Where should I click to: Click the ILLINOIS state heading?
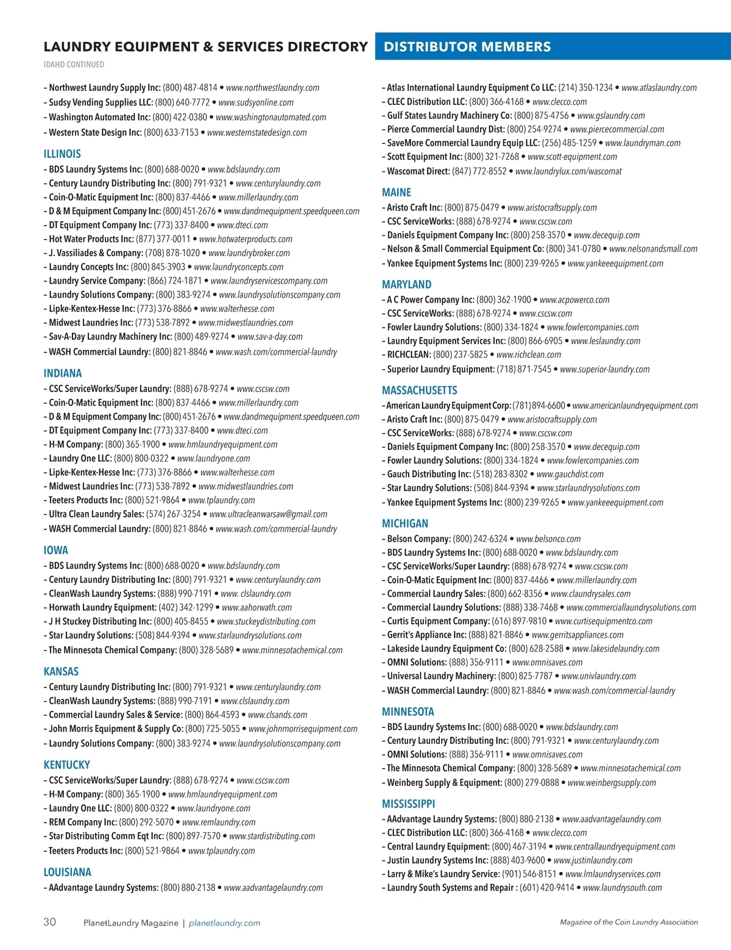point(62,154)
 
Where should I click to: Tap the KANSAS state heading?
point(61,672)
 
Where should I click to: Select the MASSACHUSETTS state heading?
point(419,390)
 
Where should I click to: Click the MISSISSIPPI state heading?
point(408,804)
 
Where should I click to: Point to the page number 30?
point(49,922)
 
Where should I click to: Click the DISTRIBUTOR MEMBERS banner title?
point(467,47)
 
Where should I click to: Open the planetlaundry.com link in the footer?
point(225,923)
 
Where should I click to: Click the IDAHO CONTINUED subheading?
point(74,65)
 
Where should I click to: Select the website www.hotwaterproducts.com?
point(245,239)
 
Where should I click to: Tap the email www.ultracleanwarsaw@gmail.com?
point(268,514)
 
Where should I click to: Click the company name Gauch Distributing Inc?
point(429,474)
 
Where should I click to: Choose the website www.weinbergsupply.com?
point(612,783)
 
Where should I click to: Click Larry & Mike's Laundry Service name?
point(443,874)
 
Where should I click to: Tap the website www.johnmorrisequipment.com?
point(303,729)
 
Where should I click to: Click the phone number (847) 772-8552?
point(479,171)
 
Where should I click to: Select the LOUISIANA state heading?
point(67,873)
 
